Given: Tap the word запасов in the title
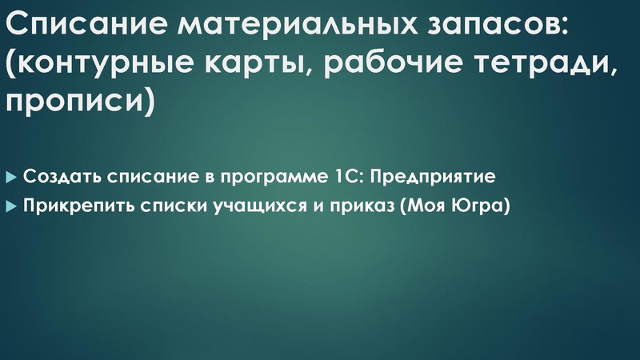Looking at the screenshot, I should pyautogui.click(x=487, y=27).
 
